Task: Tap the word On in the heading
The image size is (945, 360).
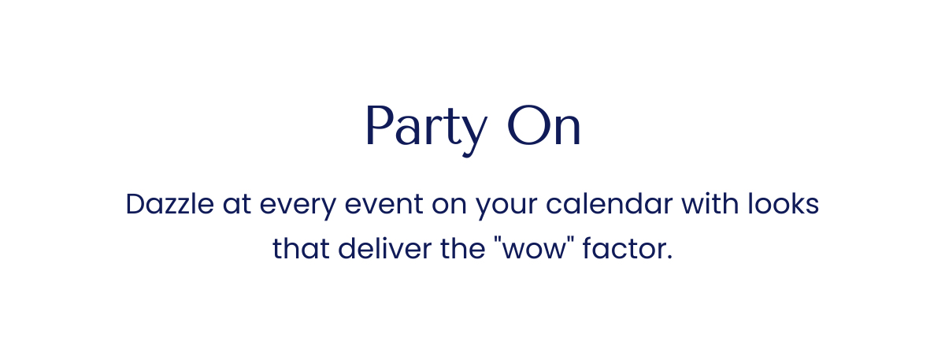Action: coord(544,128)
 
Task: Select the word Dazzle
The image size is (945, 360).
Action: coord(169,205)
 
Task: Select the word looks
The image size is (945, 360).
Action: coord(784,205)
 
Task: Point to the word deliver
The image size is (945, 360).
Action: coord(380,249)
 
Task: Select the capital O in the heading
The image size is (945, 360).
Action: coord(525,128)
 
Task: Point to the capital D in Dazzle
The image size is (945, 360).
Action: coord(135,205)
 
